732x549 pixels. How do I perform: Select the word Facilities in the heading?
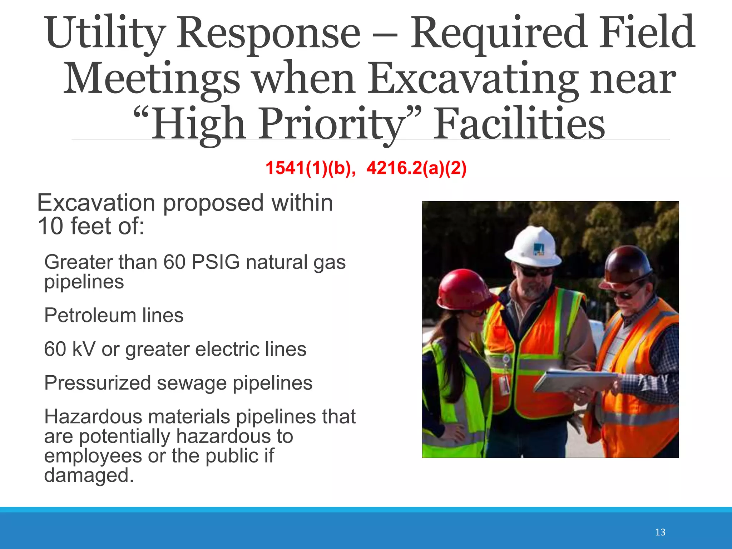519,124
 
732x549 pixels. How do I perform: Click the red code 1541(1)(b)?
310,168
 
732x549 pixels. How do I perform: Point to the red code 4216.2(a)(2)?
417,168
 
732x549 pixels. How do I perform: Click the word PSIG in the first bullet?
216,262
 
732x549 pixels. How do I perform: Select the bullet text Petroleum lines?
114,315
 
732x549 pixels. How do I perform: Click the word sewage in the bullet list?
192,383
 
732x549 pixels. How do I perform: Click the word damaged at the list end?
89,475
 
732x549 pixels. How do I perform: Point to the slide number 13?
660,532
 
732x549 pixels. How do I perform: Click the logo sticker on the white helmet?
539,249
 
